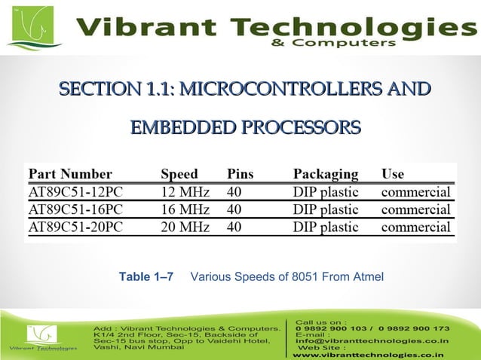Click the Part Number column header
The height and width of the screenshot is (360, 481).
point(70,174)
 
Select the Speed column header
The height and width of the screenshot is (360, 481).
point(179,174)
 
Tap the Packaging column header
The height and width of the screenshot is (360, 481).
point(326,174)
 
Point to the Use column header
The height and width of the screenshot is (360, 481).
point(393,174)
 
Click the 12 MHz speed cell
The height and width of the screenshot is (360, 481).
point(185,191)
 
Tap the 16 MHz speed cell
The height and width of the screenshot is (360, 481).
point(185,209)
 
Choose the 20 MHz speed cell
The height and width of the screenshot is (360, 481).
point(185,226)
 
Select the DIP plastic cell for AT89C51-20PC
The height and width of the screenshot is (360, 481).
point(326,226)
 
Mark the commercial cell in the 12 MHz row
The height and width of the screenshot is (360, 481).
point(416,191)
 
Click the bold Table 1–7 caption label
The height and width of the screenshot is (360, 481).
point(146,277)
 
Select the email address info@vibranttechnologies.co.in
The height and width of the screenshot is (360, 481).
point(372,340)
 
